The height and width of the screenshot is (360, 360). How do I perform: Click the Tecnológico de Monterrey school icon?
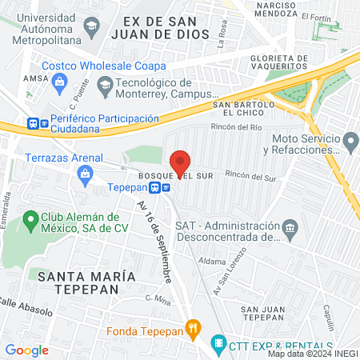(105, 84)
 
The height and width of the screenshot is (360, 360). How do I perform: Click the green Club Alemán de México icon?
(30, 218)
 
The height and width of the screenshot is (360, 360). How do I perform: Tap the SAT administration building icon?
(290, 230)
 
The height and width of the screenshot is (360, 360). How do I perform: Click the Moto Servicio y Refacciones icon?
(351, 142)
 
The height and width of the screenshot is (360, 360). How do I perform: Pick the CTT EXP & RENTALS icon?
(218, 344)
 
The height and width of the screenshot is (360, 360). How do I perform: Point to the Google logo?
(26, 350)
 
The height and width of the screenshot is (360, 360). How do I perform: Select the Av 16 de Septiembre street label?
(154, 240)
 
